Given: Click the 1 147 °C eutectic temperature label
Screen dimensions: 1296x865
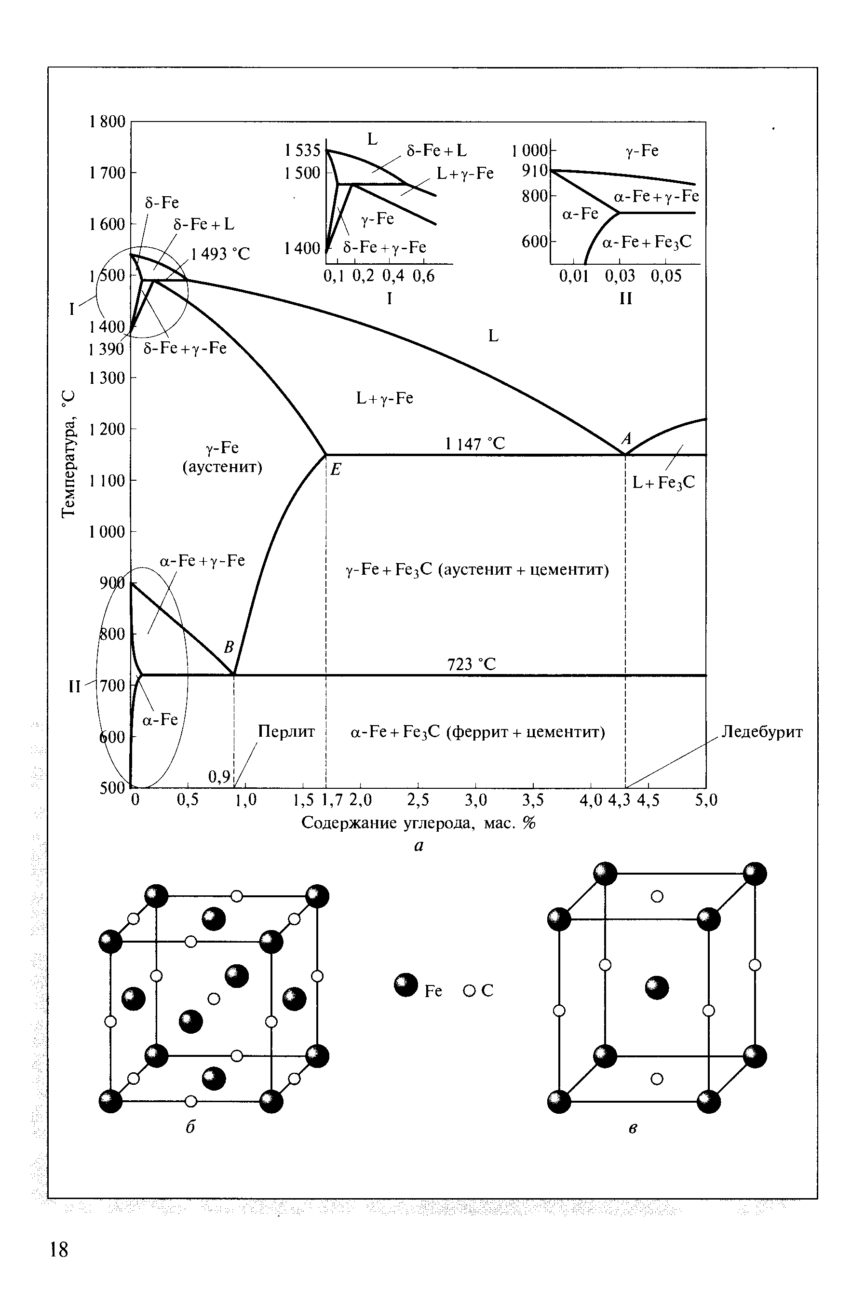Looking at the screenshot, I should (475, 444).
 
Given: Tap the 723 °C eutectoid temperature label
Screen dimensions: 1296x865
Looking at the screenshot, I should (471, 664).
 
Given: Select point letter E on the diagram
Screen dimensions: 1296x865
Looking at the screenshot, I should (336, 470).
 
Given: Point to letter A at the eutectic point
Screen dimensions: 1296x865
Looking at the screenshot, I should (626, 439).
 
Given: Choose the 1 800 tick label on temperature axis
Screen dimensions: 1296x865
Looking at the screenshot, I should (107, 121).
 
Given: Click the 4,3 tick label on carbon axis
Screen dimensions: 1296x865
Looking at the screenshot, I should (619, 800).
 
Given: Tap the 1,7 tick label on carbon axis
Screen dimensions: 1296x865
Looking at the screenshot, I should (332, 800).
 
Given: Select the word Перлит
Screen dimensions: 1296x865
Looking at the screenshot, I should (286, 732).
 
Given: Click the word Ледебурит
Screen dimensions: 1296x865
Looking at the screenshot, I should (762, 732).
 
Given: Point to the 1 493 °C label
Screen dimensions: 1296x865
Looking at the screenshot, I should (220, 254).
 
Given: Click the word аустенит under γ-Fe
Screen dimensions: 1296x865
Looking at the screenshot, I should (222, 467).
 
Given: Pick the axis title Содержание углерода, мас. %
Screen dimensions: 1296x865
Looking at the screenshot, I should (419, 823).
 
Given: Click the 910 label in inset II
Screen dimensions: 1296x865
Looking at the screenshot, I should (535, 171).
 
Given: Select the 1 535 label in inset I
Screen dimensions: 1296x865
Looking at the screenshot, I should (302, 150).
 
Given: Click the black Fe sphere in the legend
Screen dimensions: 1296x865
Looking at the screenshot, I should (406, 985).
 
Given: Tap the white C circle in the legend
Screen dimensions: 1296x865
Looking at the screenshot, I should (470, 991).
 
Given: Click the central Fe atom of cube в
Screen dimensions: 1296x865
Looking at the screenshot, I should (657, 988).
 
